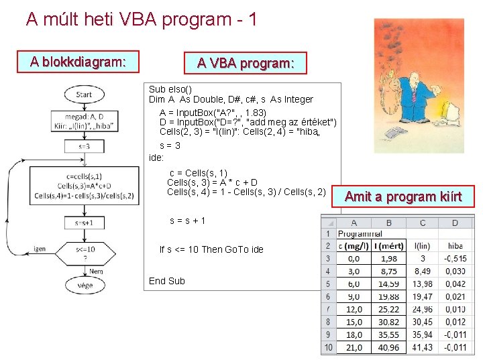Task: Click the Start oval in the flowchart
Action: tap(83, 95)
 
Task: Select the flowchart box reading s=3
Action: tap(84, 145)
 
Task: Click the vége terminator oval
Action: tap(85, 285)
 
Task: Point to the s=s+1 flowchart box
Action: tap(84, 222)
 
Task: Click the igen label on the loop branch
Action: tap(40, 249)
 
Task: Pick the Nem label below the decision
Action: tap(96, 271)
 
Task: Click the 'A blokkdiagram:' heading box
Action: tap(77, 62)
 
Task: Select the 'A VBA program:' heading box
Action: tap(245, 63)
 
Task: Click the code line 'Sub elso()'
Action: tap(170, 89)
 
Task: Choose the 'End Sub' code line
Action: tap(166, 281)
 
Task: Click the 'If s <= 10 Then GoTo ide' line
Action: tap(211, 249)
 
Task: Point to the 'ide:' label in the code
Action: tap(156, 158)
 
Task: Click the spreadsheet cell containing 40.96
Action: tap(388, 348)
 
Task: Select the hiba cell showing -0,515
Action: tap(455, 259)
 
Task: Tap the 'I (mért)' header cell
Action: tap(388, 246)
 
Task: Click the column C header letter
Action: tap(422, 223)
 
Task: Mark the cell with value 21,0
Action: tap(354, 348)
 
